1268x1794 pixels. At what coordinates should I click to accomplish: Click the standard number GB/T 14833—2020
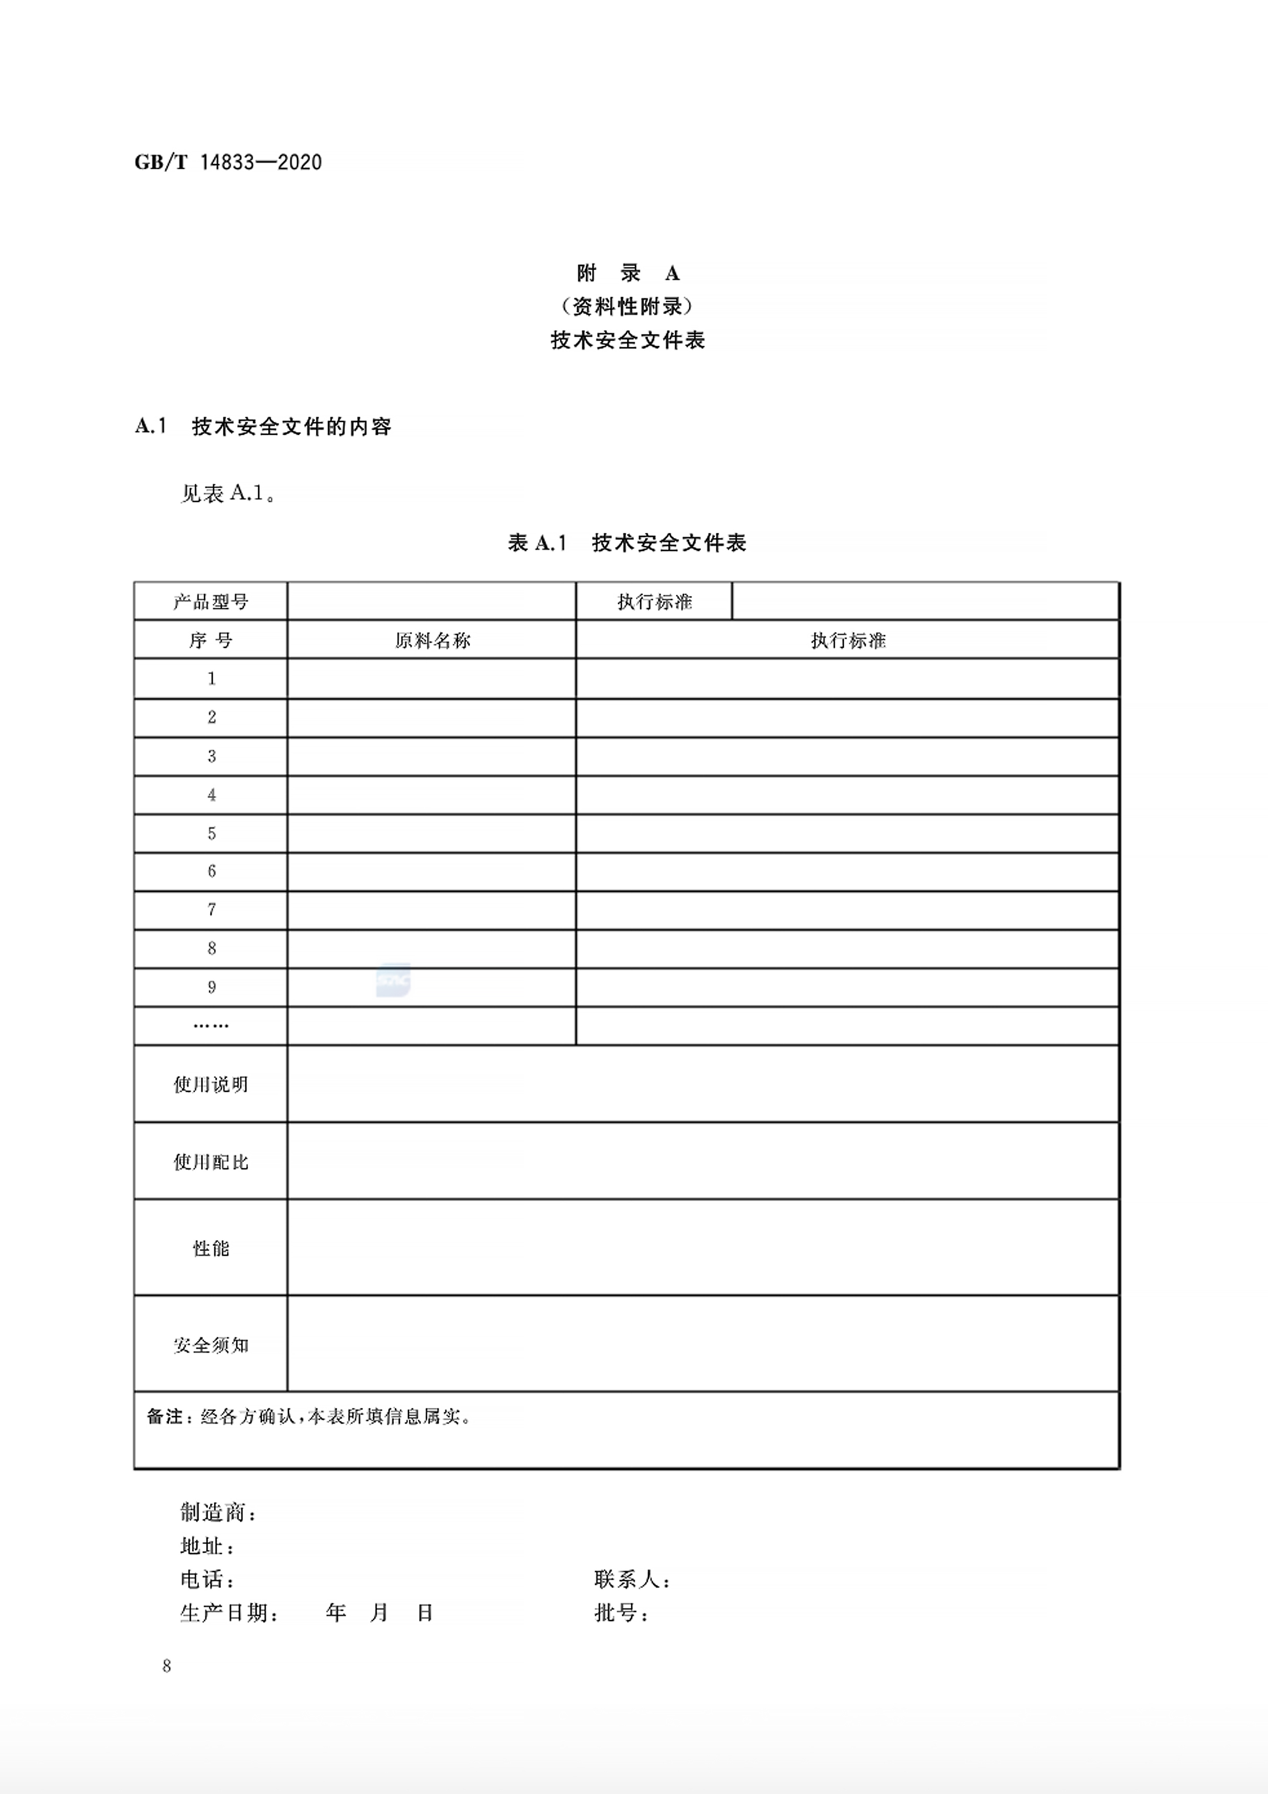[x=228, y=163]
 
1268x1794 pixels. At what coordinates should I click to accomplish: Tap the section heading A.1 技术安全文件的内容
[x=263, y=427]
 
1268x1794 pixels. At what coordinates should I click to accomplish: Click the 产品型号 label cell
[x=211, y=601]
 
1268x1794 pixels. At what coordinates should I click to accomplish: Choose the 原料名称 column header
[x=432, y=641]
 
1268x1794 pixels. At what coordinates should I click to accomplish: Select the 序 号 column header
[x=211, y=641]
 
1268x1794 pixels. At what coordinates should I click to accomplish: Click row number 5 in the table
[x=212, y=834]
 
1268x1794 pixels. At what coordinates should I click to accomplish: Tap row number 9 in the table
[x=212, y=987]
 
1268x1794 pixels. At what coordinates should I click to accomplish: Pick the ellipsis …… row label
[x=211, y=1025]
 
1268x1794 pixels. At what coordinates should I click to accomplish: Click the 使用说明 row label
[x=211, y=1085]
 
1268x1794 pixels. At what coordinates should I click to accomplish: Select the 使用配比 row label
[x=211, y=1162]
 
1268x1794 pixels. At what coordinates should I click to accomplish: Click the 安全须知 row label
[x=211, y=1344]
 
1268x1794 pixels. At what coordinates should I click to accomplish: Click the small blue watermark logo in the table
[x=393, y=980]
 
